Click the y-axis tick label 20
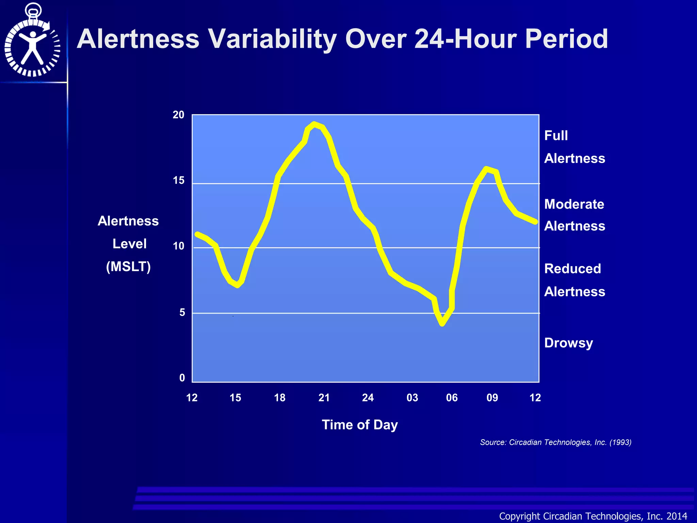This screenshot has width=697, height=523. (x=178, y=115)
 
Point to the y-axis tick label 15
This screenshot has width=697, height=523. (x=178, y=180)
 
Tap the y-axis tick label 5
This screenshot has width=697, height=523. (x=182, y=312)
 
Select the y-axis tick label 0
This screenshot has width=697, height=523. (x=182, y=378)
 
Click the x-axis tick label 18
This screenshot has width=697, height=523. (x=280, y=398)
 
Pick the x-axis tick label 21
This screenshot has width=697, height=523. (x=324, y=398)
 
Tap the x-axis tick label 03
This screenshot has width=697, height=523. (x=412, y=398)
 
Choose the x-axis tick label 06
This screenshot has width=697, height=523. (x=452, y=398)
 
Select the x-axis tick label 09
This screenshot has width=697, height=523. (x=492, y=398)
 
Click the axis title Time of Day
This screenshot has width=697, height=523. (x=360, y=425)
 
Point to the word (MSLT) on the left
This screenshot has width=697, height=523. (x=128, y=267)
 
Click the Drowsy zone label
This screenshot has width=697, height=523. (x=568, y=343)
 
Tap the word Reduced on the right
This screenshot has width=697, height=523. (x=572, y=269)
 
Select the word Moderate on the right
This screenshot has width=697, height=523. (x=574, y=204)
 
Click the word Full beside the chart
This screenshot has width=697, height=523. (x=556, y=136)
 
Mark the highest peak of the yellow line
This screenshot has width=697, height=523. (x=314, y=124)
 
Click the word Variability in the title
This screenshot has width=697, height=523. (x=272, y=39)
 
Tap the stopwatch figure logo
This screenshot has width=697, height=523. (x=33, y=41)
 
